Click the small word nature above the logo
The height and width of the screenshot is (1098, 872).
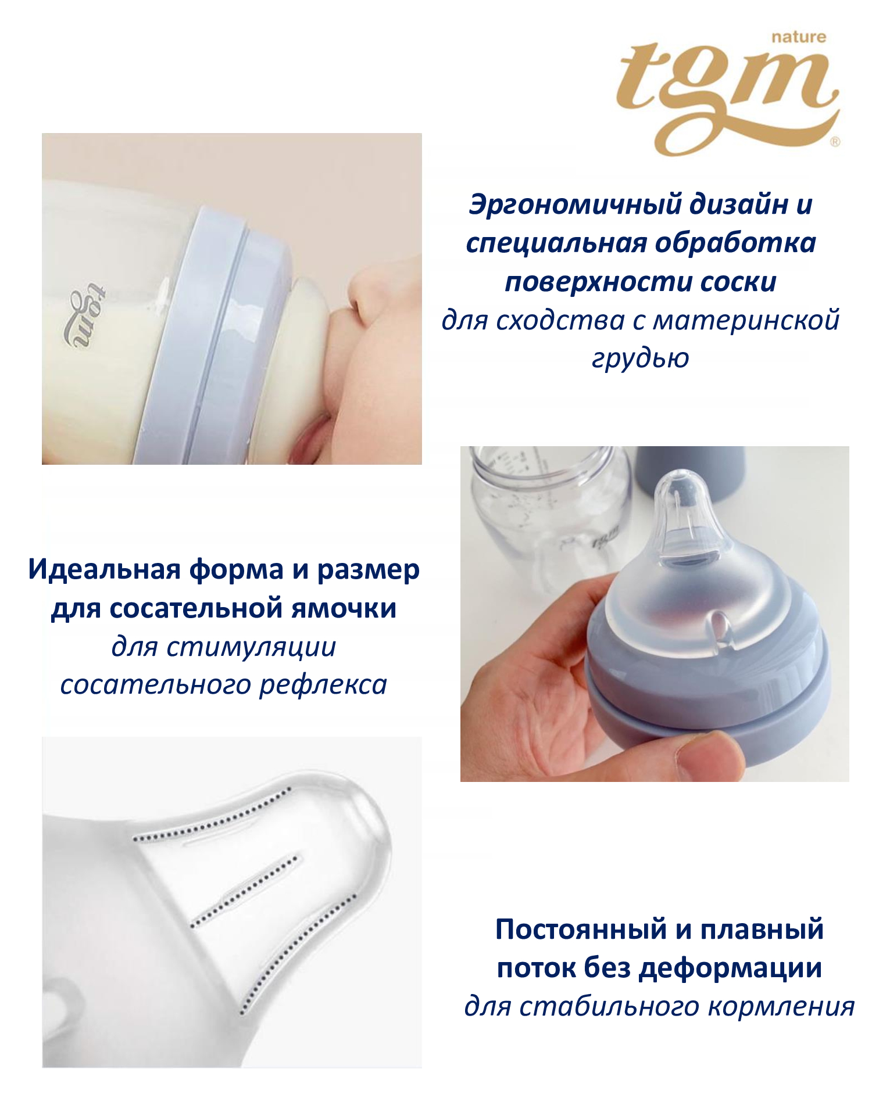click(x=799, y=37)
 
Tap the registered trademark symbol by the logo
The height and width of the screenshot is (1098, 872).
click(x=835, y=142)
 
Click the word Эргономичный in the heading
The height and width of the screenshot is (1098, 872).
click(x=576, y=205)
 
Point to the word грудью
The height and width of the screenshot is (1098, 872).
click(x=641, y=358)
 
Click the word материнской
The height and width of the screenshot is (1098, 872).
click(x=746, y=320)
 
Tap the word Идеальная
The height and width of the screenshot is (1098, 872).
click(x=104, y=570)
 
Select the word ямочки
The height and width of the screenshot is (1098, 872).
click(x=344, y=609)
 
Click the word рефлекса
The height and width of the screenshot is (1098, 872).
click(x=323, y=685)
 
